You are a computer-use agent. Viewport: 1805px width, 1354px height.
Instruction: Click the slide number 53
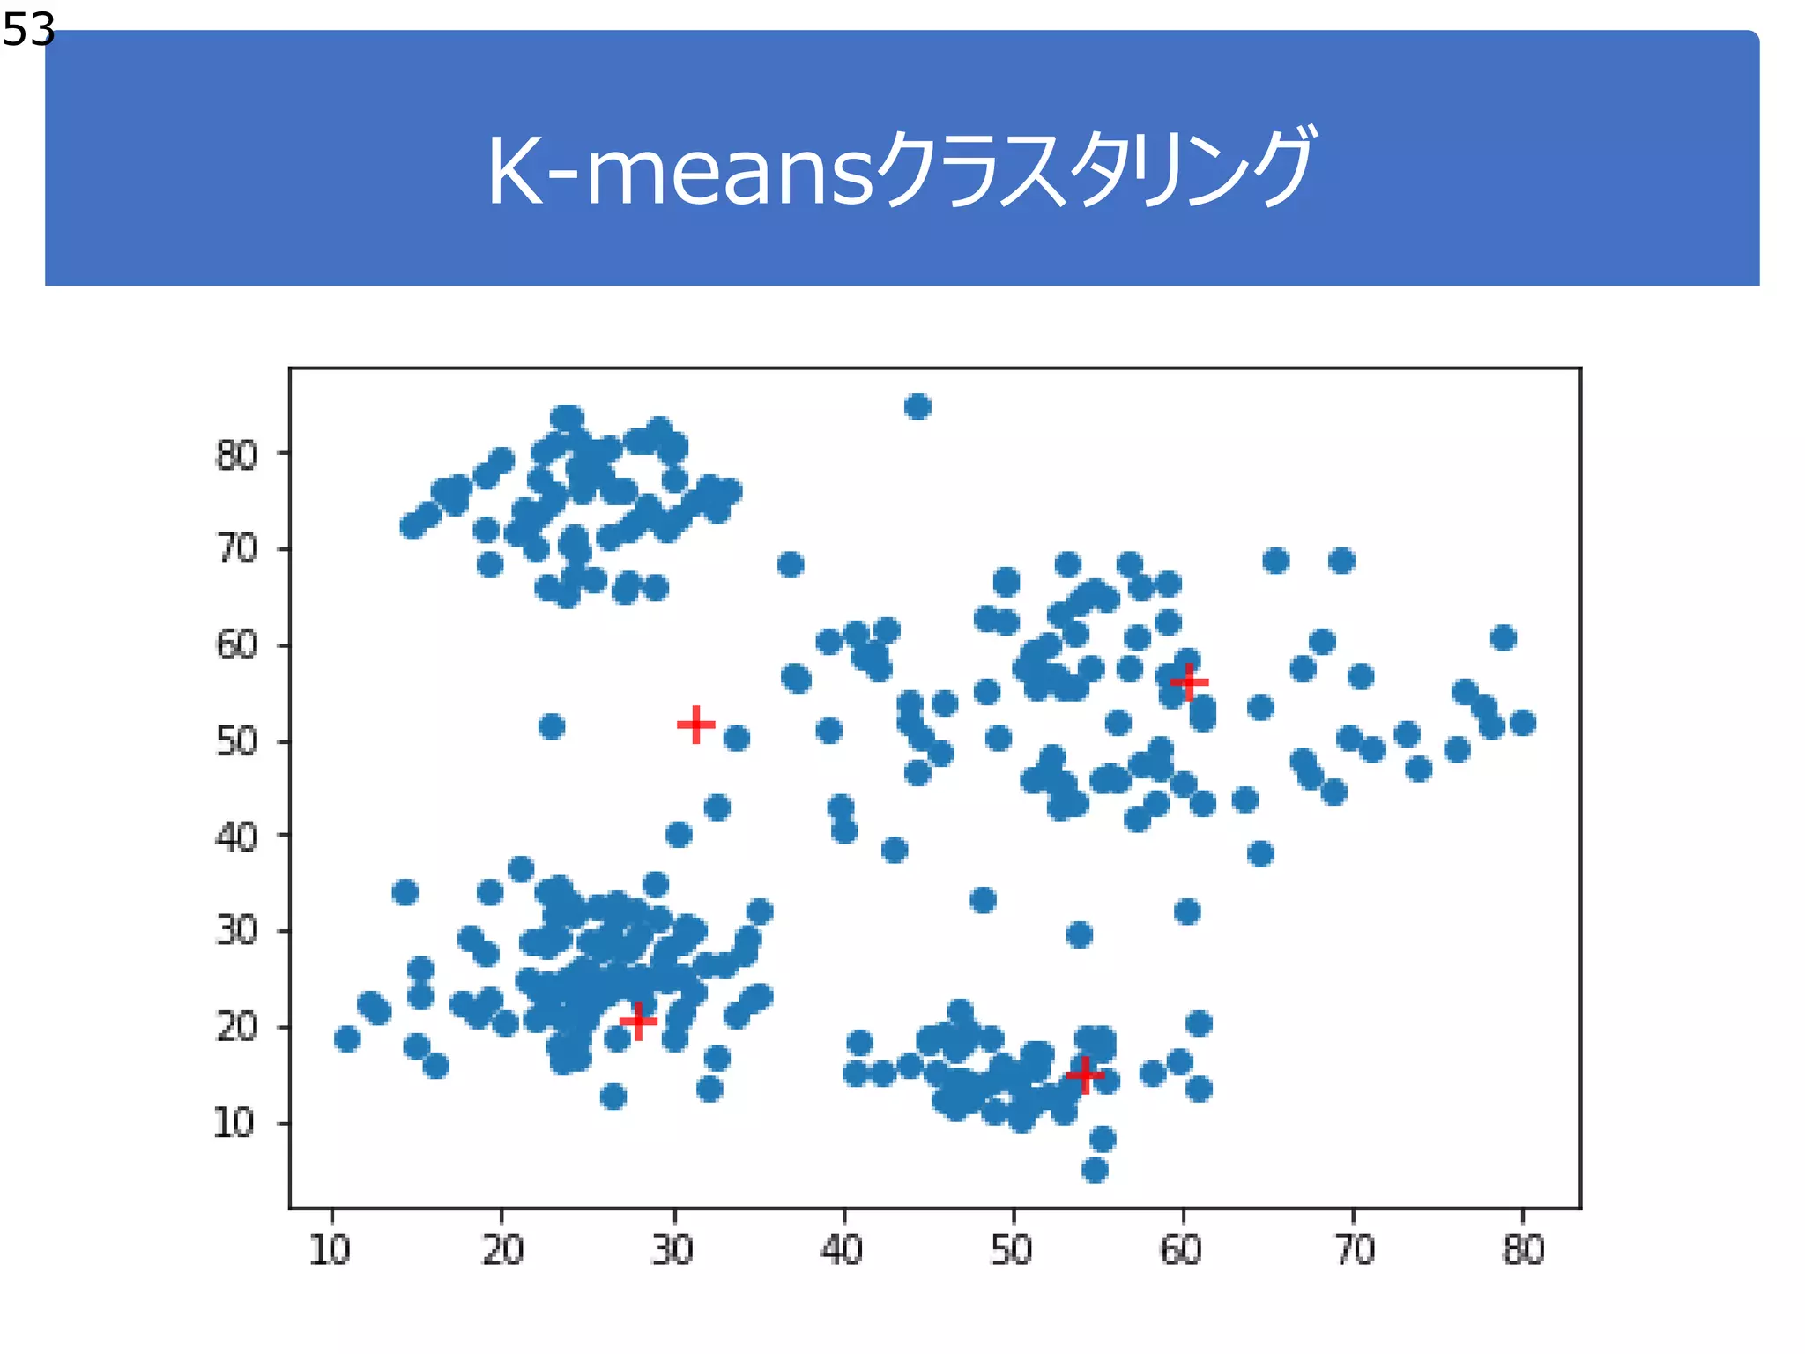28,30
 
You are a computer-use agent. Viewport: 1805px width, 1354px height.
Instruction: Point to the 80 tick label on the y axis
236,456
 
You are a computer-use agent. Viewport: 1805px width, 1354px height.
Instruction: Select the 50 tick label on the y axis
236,742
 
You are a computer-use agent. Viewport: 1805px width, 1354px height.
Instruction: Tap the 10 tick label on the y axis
234,1124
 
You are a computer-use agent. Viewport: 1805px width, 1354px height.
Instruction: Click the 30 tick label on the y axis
236,931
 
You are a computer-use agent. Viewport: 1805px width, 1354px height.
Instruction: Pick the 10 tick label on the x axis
331,1250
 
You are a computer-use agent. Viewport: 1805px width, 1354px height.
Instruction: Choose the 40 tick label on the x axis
842,1250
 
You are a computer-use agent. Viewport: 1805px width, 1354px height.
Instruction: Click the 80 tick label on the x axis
1523,1250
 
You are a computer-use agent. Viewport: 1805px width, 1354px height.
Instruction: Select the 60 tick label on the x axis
1182,1250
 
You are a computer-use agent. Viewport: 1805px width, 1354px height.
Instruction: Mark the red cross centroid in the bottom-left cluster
638,1022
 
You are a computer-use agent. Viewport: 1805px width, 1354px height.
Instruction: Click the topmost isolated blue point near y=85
917,406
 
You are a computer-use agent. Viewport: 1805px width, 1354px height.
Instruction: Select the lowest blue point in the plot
1095,1170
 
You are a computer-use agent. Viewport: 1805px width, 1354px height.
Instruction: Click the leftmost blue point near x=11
347,1038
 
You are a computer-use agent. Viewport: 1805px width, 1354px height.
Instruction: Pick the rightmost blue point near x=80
1523,723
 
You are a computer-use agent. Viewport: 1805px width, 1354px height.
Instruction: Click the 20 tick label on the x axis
502,1250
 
